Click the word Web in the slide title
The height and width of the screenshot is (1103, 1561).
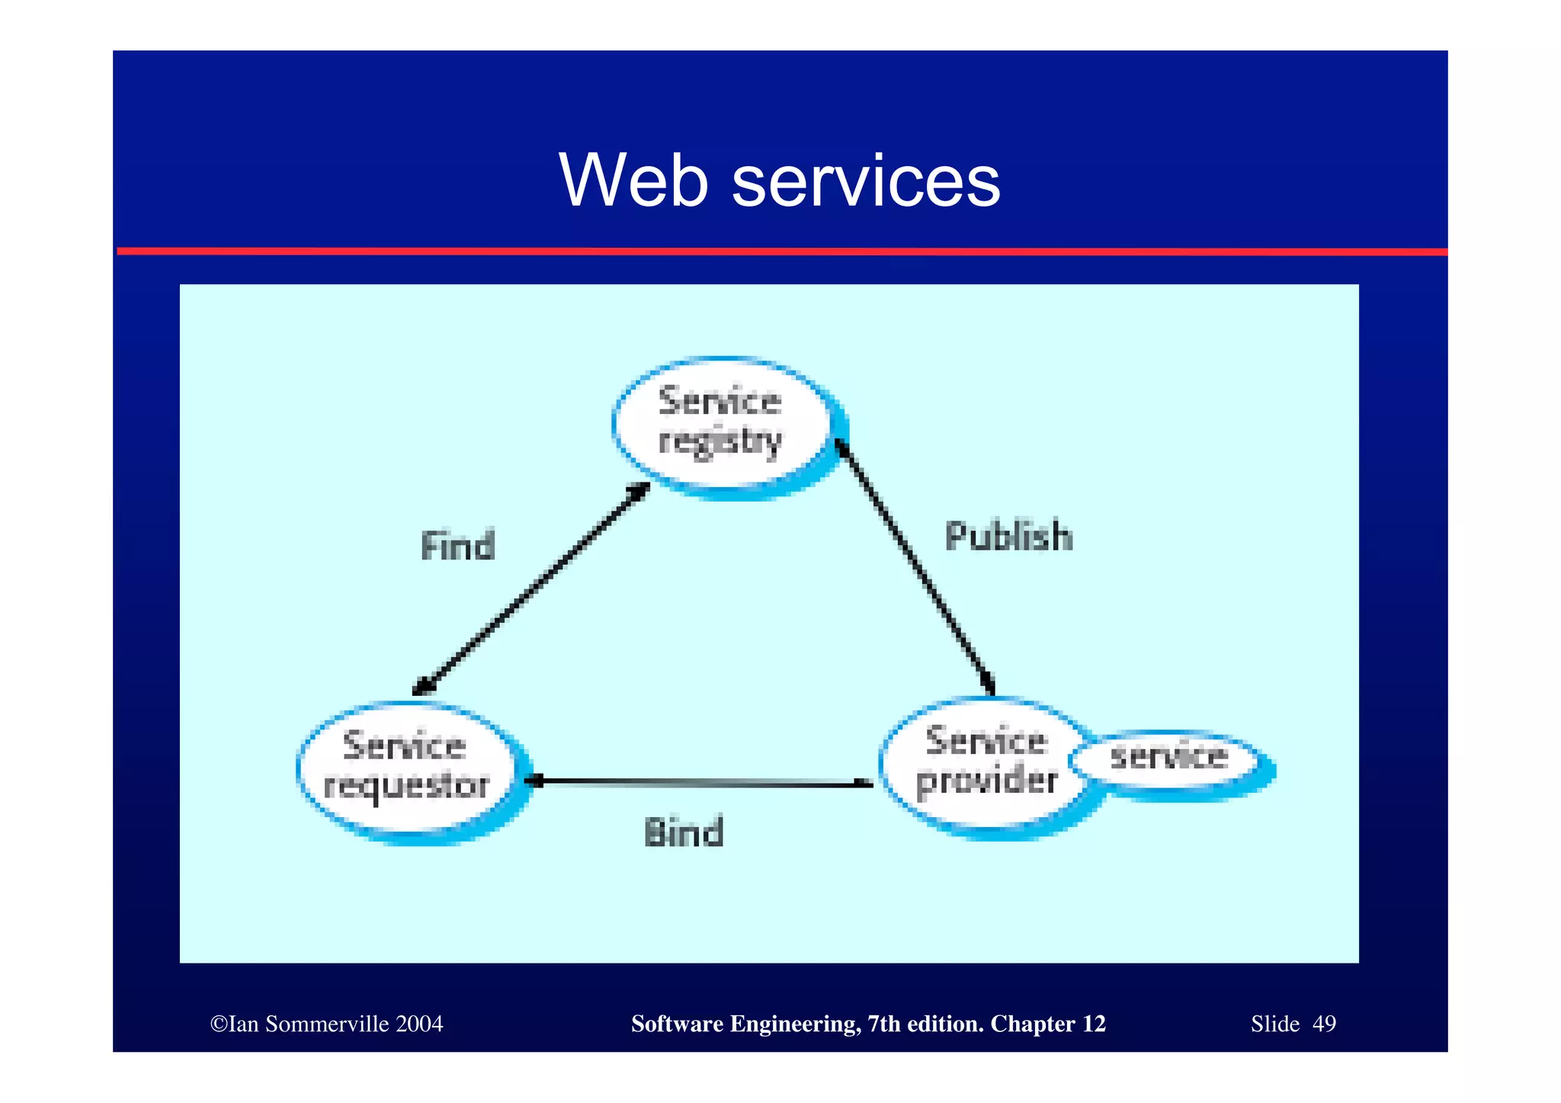pyautogui.click(x=634, y=181)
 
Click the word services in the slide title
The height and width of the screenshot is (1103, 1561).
pyautogui.click(x=865, y=182)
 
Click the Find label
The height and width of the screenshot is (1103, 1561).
pyautogui.click(x=458, y=547)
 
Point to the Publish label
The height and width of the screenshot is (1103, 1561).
pyautogui.click(x=1008, y=536)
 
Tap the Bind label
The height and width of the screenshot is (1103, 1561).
pyautogui.click(x=684, y=832)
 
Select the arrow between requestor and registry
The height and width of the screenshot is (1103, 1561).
pyautogui.click(x=531, y=588)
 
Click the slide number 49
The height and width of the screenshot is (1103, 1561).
pyautogui.click(x=1324, y=1024)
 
